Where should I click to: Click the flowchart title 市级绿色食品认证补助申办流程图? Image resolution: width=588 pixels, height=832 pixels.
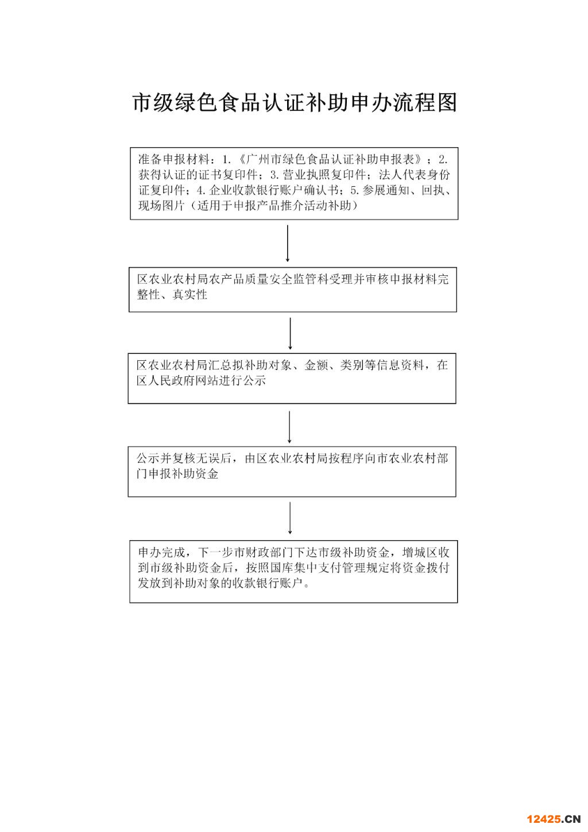[295, 102]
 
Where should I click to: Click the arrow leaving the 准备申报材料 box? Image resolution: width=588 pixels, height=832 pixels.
[287, 243]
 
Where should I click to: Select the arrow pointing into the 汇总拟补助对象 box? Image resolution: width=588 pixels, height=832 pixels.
[290, 333]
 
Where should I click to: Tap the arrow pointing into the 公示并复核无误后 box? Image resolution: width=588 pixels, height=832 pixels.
[289, 427]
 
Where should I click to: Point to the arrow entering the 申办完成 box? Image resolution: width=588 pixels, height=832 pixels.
[290, 518]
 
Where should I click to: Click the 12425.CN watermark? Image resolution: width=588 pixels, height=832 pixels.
[554, 819]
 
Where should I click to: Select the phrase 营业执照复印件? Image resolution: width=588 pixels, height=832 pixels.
[324, 175]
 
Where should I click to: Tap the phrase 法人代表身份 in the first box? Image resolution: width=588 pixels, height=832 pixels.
[415, 175]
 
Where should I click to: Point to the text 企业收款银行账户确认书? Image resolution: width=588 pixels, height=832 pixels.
[274, 190]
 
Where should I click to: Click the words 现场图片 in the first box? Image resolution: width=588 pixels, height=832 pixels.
[162, 205]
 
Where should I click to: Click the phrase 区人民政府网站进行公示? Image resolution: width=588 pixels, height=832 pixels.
[201, 380]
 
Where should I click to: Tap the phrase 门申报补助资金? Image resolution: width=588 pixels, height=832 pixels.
[177, 473]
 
